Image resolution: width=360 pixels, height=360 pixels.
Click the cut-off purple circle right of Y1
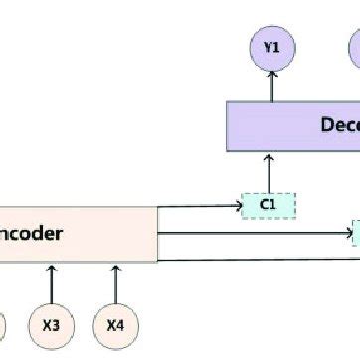click(354, 47)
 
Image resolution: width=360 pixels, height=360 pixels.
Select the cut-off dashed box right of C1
click(356, 235)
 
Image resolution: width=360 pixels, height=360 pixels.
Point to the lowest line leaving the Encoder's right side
click(259, 260)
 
